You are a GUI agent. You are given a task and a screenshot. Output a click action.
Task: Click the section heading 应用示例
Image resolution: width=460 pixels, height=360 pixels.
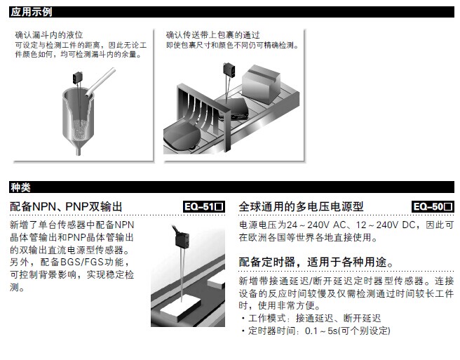(31, 12)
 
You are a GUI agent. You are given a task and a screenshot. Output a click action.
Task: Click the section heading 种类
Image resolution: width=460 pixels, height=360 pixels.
(20, 187)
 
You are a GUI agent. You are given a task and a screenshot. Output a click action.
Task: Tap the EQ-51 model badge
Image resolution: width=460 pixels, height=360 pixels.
(204, 206)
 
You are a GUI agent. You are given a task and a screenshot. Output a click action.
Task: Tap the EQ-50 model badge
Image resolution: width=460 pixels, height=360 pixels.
(433, 206)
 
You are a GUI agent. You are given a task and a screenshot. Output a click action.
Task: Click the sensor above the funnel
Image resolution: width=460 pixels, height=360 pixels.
(78, 79)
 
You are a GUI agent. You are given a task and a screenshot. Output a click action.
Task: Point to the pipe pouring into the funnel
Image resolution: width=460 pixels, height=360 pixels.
(100, 82)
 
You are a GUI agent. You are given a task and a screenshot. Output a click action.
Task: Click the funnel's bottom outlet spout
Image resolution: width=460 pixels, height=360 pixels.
(79, 151)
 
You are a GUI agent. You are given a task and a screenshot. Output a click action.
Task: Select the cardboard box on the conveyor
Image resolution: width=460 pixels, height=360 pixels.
(261, 84)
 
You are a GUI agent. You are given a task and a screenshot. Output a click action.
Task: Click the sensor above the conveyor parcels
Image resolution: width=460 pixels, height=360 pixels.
(229, 69)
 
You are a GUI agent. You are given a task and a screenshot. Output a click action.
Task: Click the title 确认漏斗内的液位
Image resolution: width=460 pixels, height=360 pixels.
(49, 35)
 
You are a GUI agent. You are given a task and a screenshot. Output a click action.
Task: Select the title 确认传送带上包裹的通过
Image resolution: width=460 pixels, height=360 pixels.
(212, 35)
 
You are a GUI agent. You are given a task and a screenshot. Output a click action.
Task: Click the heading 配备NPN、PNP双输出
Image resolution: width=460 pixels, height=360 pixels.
(66, 207)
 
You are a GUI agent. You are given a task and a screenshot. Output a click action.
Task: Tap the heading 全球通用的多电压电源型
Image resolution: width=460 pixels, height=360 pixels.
(301, 207)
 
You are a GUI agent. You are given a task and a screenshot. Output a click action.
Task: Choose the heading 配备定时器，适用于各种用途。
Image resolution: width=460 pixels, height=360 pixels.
(316, 262)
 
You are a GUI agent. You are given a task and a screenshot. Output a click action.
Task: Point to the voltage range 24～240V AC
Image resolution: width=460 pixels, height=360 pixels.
(316, 225)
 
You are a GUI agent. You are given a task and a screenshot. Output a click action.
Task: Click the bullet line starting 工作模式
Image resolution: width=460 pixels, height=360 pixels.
(311, 319)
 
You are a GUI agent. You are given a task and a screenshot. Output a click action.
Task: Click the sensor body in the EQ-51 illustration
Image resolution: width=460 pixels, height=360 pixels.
(182, 239)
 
